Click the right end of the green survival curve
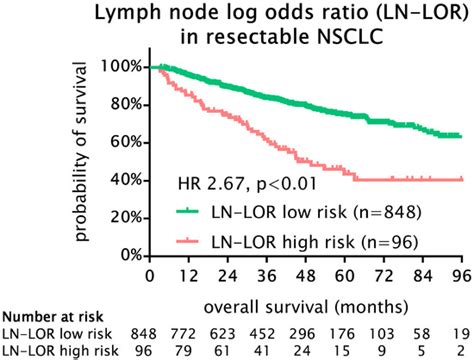click(x=458, y=135)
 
